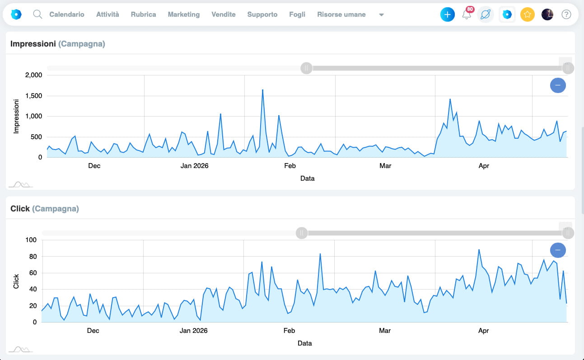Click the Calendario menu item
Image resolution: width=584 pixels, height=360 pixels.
[67, 14]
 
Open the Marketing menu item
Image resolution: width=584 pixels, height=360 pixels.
[183, 14]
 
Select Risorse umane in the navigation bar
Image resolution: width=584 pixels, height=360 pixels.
[341, 14]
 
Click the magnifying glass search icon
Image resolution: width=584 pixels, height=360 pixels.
[37, 14]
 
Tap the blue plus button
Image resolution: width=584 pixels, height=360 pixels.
[448, 14]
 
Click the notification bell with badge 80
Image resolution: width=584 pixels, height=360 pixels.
[467, 14]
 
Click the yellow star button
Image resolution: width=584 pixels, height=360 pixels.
[527, 14]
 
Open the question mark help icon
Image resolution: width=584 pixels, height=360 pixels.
[566, 14]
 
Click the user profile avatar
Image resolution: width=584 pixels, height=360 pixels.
[547, 14]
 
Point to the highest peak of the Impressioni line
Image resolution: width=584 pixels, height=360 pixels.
[262, 90]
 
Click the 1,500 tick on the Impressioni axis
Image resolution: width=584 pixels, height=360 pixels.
[33, 96]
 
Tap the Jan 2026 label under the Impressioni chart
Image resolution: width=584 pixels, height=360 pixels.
[194, 166]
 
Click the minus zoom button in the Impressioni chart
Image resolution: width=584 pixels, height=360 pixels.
[558, 85]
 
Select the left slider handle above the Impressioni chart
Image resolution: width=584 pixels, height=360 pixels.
[306, 68]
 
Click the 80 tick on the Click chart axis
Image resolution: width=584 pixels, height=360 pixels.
[33, 257]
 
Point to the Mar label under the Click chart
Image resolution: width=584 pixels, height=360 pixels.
[384, 331]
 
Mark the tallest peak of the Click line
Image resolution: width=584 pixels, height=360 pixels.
[479, 250]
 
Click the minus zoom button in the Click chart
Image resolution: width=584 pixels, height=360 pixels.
[558, 250]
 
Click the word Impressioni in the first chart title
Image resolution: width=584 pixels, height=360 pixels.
[33, 44]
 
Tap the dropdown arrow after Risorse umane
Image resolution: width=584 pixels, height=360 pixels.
[381, 15]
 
